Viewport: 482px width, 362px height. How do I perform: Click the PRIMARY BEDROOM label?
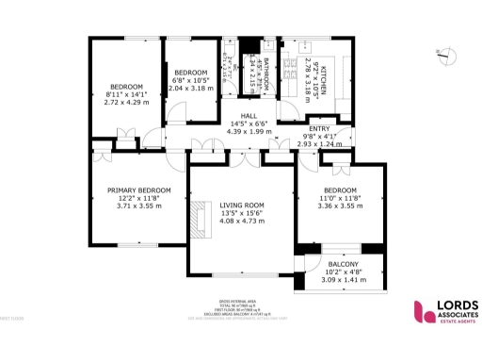point(138,189)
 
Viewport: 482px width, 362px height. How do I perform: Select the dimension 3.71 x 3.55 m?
point(138,206)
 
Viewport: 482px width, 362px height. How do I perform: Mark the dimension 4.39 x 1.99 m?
point(248,131)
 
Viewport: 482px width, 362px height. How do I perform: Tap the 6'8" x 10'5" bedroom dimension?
point(190,80)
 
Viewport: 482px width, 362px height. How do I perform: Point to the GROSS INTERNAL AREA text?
point(240,301)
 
